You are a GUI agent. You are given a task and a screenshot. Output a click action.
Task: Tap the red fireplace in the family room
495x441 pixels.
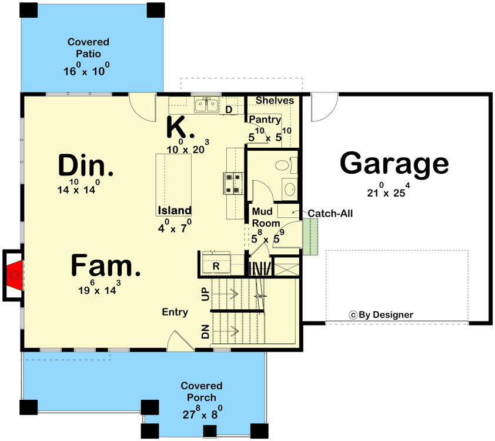point(15,274)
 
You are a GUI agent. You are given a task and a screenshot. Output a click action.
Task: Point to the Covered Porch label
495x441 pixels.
point(202,392)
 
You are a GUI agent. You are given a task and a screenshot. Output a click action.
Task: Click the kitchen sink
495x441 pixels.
point(207,106)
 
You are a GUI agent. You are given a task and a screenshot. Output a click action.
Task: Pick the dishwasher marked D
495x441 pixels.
point(229,110)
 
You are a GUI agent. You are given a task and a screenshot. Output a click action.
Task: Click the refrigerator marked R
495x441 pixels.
point(216,266)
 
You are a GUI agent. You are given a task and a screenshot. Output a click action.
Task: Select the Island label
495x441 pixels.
point(174,210)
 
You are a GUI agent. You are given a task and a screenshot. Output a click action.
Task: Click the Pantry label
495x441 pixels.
point(265,120)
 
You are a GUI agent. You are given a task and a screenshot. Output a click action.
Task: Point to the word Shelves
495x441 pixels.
point(275,101)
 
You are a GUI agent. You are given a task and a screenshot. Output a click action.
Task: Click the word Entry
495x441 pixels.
point(175,312)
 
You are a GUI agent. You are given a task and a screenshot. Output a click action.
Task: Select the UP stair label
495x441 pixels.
point(205,295)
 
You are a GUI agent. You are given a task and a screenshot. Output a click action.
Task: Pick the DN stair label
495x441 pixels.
point(205,331)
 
